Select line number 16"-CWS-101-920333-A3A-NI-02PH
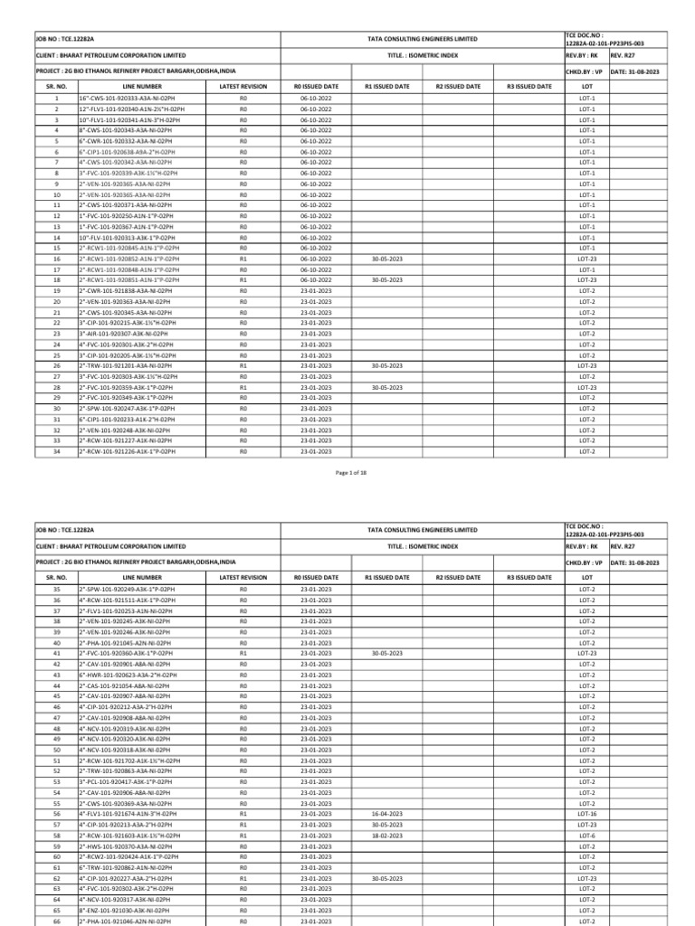126,98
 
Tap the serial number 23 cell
57,334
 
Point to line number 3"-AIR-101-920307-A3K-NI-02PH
123,334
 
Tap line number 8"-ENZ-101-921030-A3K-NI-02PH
124,911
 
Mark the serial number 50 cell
57,750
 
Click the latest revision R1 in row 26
243,366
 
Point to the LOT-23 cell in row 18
586,280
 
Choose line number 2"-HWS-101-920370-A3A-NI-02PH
124,846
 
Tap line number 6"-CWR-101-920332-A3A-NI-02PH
124,141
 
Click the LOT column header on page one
586,86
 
